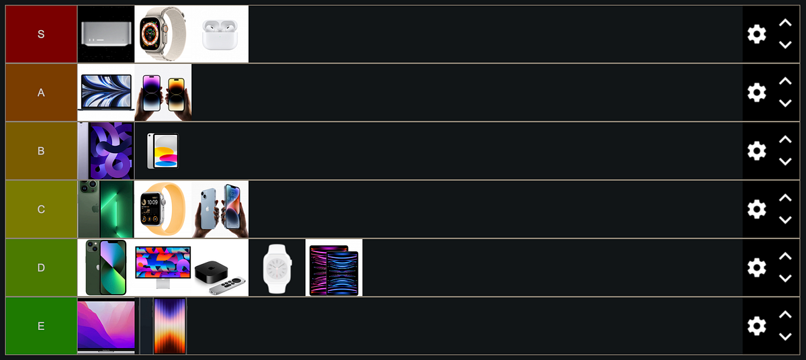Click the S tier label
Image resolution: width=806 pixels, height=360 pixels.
(x=41, y=34)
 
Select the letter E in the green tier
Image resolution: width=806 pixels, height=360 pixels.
(x=41, y=326)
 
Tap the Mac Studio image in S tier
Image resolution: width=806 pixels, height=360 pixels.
(x=106, y=34)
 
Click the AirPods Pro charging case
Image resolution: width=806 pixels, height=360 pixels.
(x=220, y=34)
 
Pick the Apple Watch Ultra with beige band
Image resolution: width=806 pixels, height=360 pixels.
(x=163, y=34)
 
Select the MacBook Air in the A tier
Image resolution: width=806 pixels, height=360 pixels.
(x=106, y=93)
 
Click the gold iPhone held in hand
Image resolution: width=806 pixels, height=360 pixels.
(x=177, y=95)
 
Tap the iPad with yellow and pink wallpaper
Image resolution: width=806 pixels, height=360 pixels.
(x=163, y=150)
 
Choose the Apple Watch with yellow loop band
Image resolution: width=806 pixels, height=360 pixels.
(x=163, y=209)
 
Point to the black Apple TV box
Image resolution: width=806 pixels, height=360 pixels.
(x=211, y=272)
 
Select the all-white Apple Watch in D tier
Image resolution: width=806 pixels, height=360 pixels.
(x=277, y=269)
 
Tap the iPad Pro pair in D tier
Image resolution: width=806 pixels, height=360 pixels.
(x=334, y=270)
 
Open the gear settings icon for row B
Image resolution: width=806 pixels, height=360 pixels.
(x=757, y=150)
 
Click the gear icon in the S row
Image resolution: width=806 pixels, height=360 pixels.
(x=757, y=34)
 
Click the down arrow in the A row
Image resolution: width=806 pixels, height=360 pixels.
(x=785, y=103)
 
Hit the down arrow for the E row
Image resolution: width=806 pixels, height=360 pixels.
(x=785, y=336)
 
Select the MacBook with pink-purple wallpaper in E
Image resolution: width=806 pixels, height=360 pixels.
(x=106, y=326)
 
